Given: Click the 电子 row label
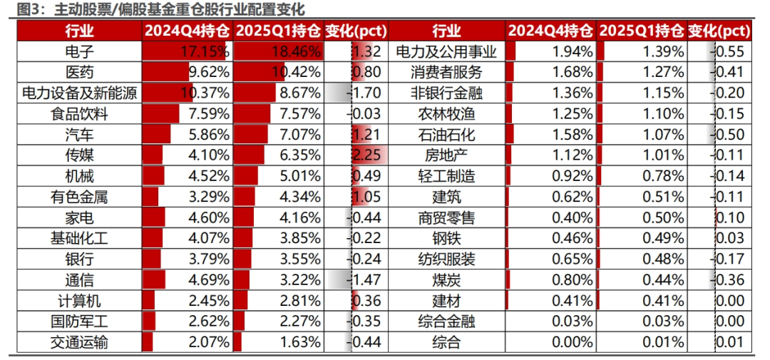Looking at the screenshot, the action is pyautogui.click(x=79, y=51).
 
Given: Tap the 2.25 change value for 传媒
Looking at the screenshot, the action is pyautogui.click(x=367, y=155).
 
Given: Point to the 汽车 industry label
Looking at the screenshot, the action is pyautogui.click(x=79, y=135).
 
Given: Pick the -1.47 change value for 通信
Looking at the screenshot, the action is pyautogui.click(x=366, y=280).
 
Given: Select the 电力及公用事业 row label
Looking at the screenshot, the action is pyautogui.click(x=446, y=51).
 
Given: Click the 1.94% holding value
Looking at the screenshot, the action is pyautogui.click(x=573, y=51).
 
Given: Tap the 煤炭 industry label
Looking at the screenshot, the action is pyautogui.click(x=446, y=280).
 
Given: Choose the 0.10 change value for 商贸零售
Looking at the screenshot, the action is pyautogui.click(x=730, y=217).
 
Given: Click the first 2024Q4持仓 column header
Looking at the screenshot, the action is pyautogui.click(x=187, y=31).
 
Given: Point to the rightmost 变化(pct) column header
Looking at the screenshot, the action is pyautogui.click(x=719, y=31).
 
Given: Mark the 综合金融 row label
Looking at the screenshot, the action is pyautogui.click(x=446, y=322).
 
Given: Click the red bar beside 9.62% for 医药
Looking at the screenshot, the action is pyautogui.click(x=165, y=72).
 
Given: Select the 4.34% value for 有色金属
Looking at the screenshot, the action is pyautogui.click(x=301, y=197).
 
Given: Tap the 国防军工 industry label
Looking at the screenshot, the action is pyautogui.click(x=79, y=322).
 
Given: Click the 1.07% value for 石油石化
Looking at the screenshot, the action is pyautogui.click(x=664, y=135).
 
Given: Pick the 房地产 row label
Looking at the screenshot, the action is pyautogui.click(x=446, y=155).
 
